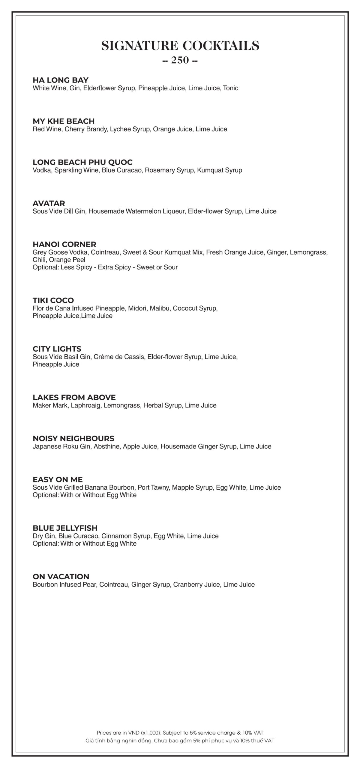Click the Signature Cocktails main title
pyautogui.click(x=180, y=46)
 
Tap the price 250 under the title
pyautogui.click(x=180, y=61)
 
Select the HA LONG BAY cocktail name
pyautogui.click(x=61, y=80)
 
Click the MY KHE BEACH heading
pyautogui.click(x=64, y=121)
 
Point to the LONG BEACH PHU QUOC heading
pyautogui.click(x=82, y=162)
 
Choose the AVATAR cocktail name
pyautogui.click(x=49, y=203)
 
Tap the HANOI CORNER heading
pyautogui.click(x=64, y=244)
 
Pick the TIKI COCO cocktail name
pyautogui.click(x=53, y=300)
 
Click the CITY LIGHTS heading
pyautogui.click(x=57, y=349)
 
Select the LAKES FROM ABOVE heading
pyautogui.click(x=74, y=397)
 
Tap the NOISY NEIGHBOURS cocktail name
pyautogui.click(x=73, y=439)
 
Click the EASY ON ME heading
pyautogui.click(x=58, y=480)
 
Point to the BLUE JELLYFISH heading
pyautogui.click(x=65, y=528)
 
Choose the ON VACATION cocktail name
pyautogui.click(x=61, y=577)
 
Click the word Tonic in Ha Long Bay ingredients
pyautogui.click(x=231, y=88)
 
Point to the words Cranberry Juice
pyautogui.click(x=196, y=585)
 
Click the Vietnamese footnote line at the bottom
pyautogui.click(x=180, y=741)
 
